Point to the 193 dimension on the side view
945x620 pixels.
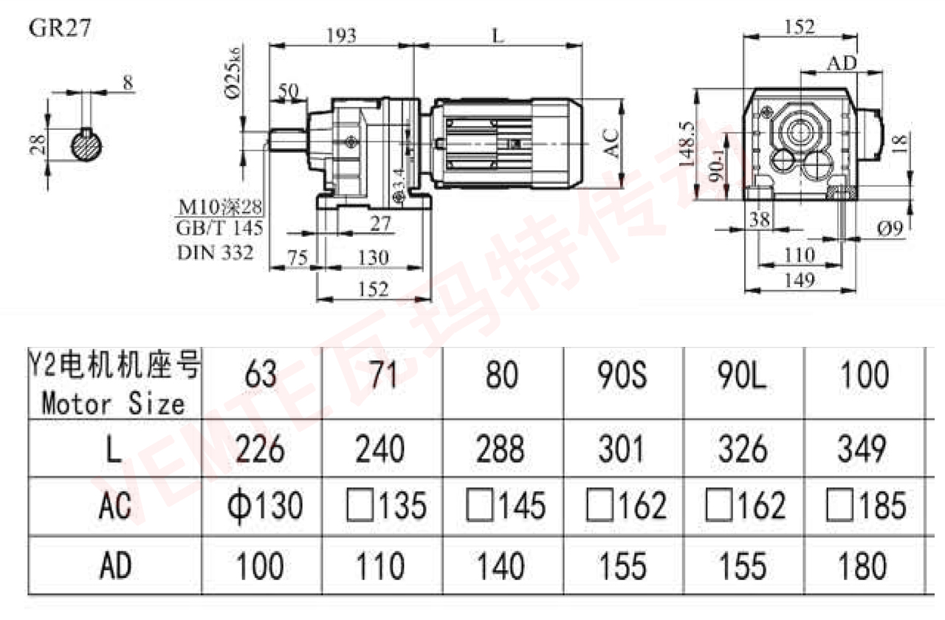coord(341,35)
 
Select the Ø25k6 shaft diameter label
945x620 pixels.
coord(233,73)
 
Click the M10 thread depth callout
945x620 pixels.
coord(221,206)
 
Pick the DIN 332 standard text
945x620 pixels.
coord(215,252)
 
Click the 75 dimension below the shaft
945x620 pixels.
coord(297,258)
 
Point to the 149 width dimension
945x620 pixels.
coord(800,280)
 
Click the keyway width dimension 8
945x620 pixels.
coord(128,83)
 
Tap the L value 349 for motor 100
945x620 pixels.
coord(863,449)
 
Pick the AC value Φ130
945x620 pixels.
coord(262,506)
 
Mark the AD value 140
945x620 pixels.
coord(503,566)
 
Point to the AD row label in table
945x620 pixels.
coord(114,566)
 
